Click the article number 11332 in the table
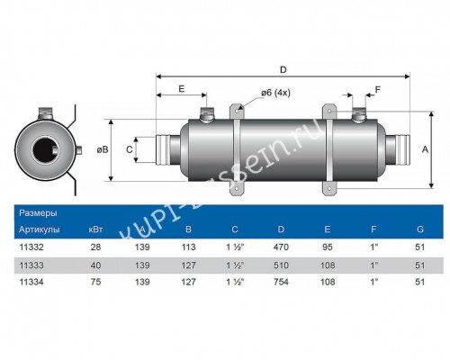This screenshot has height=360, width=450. [x=31, y=247]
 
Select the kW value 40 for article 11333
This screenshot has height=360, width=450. [x=95, y=265]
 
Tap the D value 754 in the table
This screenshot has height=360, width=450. [x=281, y=282]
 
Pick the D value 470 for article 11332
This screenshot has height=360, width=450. [x=281, y=247]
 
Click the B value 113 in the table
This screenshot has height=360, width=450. [x=188, y=247]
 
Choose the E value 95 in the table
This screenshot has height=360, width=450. [x=328, y=247]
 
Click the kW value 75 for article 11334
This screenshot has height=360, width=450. [x=95, y=282]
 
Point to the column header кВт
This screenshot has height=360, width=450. [x=95, y=229]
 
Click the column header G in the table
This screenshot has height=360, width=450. [x=420, y=229]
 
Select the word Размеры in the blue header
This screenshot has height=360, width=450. [x=38, y=213]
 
